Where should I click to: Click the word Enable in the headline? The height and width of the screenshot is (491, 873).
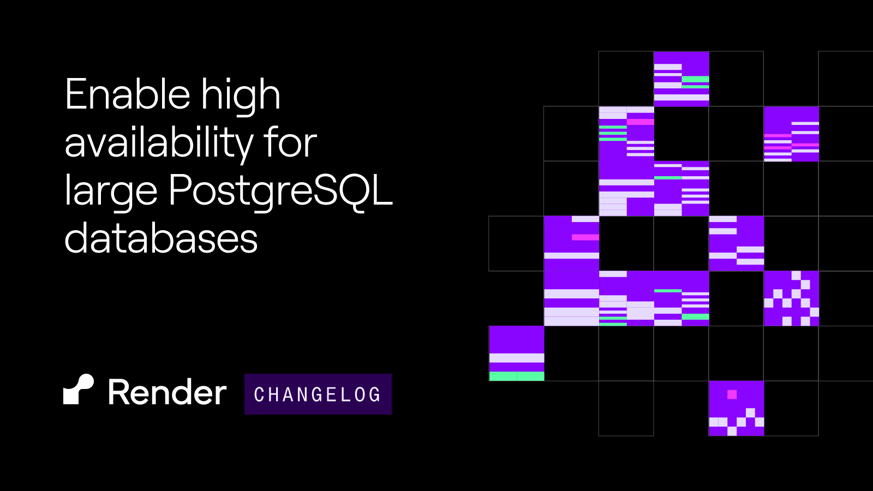(128, 94)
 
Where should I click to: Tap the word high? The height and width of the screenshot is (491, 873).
(241, 96)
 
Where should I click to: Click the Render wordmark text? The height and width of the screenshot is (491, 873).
(167, 392)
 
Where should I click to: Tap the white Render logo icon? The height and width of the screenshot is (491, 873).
(79, 390)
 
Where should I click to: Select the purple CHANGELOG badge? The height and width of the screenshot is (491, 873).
(318, 394)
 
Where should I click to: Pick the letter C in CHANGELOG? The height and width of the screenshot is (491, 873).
(259, 394)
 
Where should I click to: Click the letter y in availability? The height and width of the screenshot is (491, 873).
(242, 148)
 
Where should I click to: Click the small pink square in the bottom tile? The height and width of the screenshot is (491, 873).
(732, 394)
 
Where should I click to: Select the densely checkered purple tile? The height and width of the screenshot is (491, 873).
(791, 298)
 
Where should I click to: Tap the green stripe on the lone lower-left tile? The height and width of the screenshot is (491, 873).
(516, 376)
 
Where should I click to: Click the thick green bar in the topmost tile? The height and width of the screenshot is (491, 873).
(695, 79)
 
